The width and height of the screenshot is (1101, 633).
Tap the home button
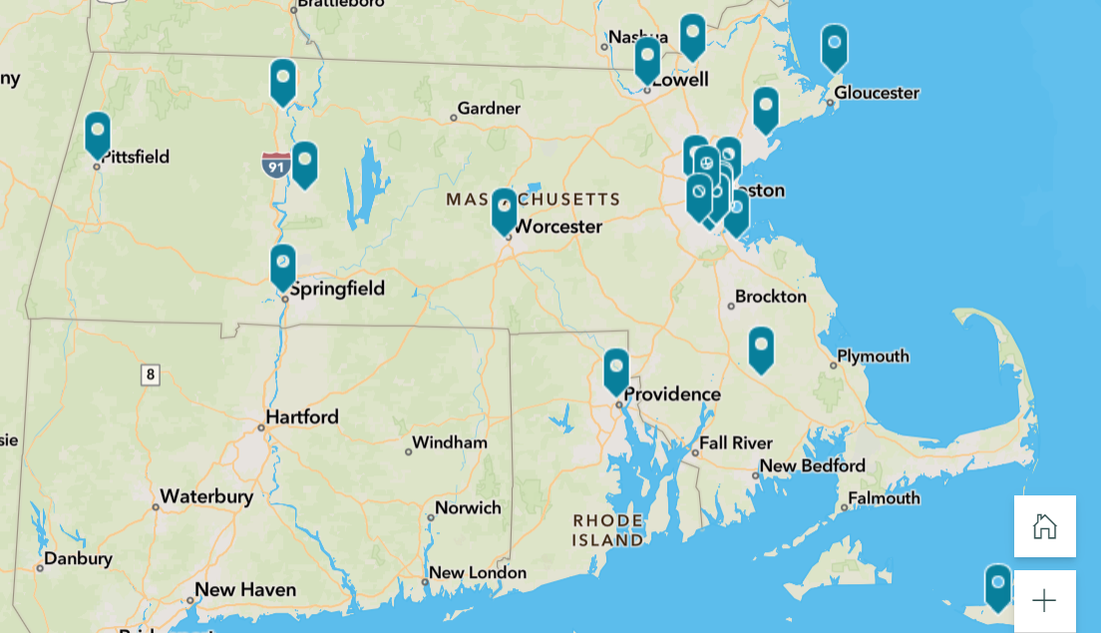click(1044, 526)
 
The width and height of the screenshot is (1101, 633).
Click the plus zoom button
click(1044, 600)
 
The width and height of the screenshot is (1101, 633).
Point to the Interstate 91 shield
click(276, 165)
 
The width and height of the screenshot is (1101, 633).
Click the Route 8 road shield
click(151, 376)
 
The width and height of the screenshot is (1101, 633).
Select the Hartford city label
click(302, 417)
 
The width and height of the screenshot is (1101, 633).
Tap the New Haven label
click(245, 590)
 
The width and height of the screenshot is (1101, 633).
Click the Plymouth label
click(873, 356)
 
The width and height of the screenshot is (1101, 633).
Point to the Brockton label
click(771, 296)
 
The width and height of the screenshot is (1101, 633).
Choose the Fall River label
click(736, 443)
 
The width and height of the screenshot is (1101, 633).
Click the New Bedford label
click(812, 466)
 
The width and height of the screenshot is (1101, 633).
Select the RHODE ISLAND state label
click(608, 530)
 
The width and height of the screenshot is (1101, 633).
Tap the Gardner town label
click(489, 109)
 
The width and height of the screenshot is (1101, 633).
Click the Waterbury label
click(206, 496)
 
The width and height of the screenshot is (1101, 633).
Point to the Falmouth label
click(884, 497)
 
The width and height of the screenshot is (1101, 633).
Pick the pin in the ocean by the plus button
click(998, 586)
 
